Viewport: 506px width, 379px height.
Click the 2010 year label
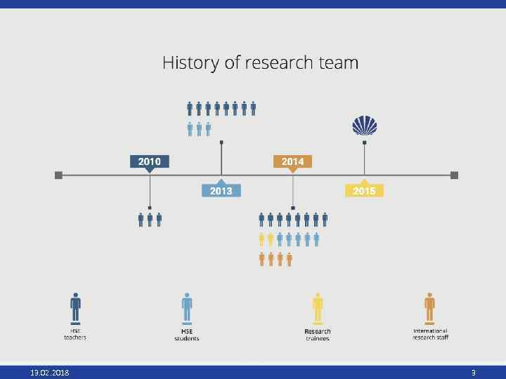149,161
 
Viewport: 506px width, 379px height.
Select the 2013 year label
221,190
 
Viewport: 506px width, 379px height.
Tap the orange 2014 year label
292,161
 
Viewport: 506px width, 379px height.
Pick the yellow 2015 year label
364,190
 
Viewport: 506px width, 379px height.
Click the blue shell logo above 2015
364,126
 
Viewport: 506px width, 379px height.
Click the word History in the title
189,63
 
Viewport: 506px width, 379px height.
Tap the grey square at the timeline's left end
58,175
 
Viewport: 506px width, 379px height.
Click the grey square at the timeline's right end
454,175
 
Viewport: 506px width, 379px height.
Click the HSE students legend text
187,335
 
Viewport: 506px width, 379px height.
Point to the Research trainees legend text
318,335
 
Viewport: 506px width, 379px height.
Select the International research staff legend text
430,334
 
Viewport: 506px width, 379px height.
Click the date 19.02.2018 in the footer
49,372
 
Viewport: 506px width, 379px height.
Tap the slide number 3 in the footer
474,372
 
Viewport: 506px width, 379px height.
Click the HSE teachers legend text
75,334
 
